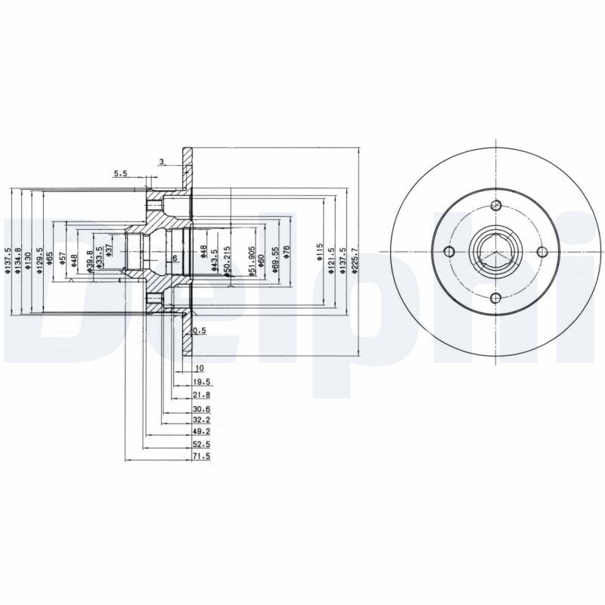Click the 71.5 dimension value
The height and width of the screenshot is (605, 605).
(x=201, y=458)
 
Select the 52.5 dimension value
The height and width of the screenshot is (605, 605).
(x=201, y=445)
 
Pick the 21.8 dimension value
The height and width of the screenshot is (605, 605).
(x=201, y=394)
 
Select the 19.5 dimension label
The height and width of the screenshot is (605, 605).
(x=201, y=383)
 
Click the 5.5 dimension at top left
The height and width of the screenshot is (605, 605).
(x=121, y=174)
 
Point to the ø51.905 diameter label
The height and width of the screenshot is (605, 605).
(x=252, y=260)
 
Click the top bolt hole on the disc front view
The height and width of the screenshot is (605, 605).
(x=496, y=206)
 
